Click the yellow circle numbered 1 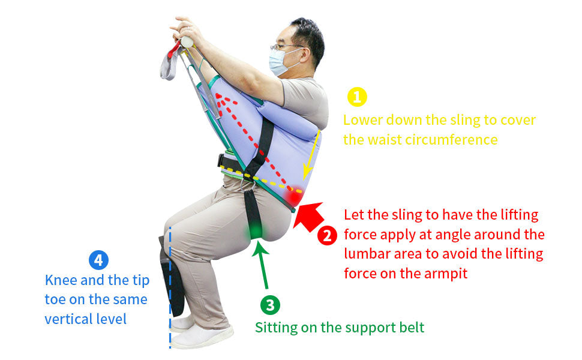tap(357, 97)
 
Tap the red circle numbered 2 tap(327, 236)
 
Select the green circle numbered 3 tap(270, 305)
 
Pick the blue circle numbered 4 tap(99, 260)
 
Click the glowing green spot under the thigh tap(256, 231)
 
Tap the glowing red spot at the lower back tap(293, 196)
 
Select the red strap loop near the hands tap(174, 50)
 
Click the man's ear tap(305, 55)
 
